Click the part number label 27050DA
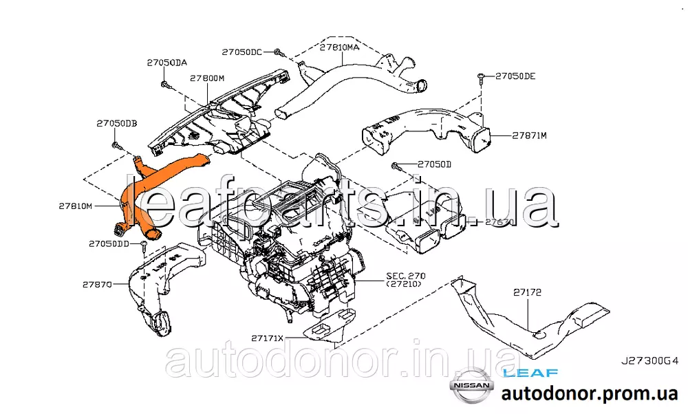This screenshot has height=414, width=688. tap(166, 63)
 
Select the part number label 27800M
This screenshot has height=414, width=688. tap(208, 78)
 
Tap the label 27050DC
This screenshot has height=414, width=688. tap(241, 52)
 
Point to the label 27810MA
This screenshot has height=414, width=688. tap(339, 47)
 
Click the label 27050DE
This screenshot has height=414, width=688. tap(515, 76)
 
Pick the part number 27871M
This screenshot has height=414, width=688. tap(528, 135)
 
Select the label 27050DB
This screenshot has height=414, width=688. tap(116, 123)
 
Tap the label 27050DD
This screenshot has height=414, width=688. tap(109, 243)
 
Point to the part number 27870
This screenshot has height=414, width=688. tap(97, 283)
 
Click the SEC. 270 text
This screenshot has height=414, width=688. tap(402, 276)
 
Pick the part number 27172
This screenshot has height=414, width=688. tap(527, 292)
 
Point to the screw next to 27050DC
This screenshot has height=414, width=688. tap(277, 52)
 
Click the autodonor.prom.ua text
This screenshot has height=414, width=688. tap(590, 394)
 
